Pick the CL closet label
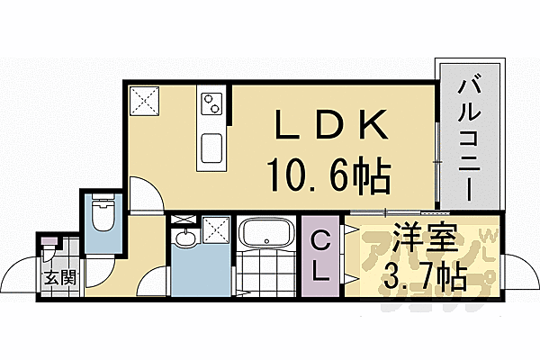tap(319, 256)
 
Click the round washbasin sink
tap(185, 238)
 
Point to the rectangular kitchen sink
tap(214, 148)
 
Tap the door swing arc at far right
tap(517, 270)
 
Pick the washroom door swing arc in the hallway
tap(155, 283)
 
